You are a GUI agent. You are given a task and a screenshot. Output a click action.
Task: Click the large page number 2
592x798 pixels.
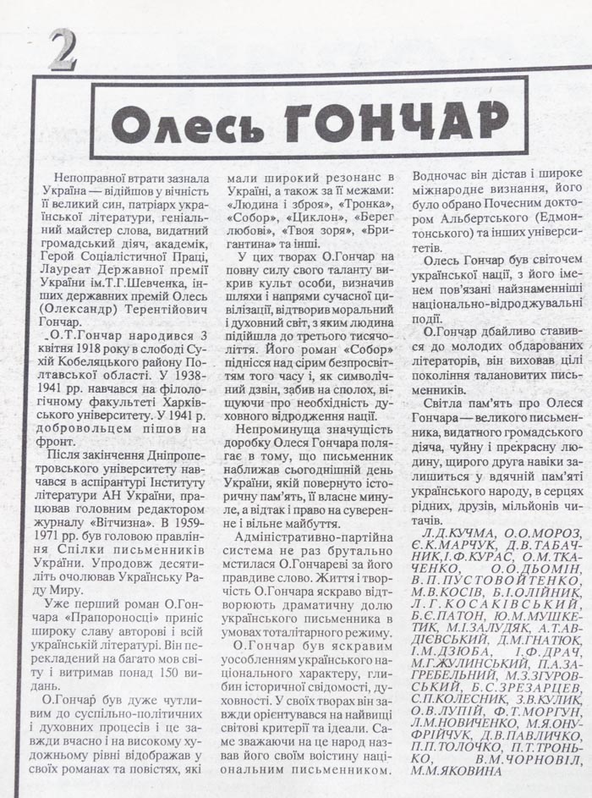click(x=63, y=49)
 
